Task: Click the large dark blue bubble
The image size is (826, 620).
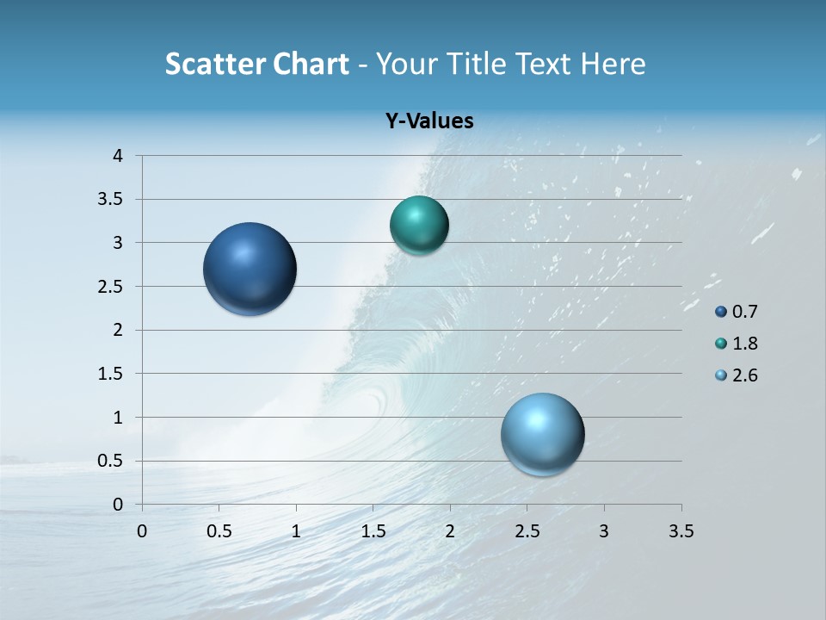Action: click(x=250, y=269)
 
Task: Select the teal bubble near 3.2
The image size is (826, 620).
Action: click(x=419, y=226)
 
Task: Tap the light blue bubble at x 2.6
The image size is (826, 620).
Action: click(x=543, y=434)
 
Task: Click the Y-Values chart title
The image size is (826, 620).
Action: click(x=429, y=121)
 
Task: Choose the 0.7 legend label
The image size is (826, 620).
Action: click(x=745, y=312)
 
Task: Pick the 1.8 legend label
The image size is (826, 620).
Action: click(x=745, y=344)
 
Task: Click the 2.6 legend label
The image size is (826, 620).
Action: click(x=745, y=375)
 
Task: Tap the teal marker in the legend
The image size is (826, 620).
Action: click(x=721, y=344)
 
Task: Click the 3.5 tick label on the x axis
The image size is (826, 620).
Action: click(x=681, y=531)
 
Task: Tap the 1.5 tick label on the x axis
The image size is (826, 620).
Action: click(x=373, y=531)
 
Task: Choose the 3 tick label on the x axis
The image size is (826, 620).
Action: click(x=604, y=531)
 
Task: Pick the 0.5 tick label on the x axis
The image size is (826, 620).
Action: click(x=219, y=531)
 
